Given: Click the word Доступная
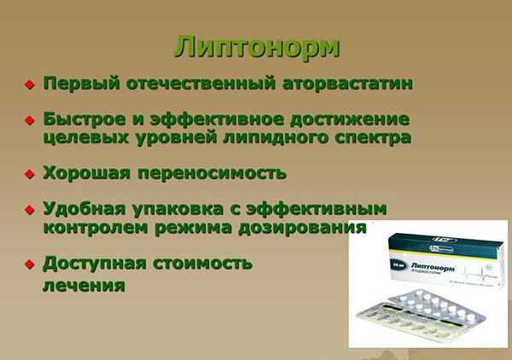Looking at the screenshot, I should pos(95,261).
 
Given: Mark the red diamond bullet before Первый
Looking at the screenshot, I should pos(28,85).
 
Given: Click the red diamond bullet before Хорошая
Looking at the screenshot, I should pos(28,174).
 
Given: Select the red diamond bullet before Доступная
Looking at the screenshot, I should pos(28,262).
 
